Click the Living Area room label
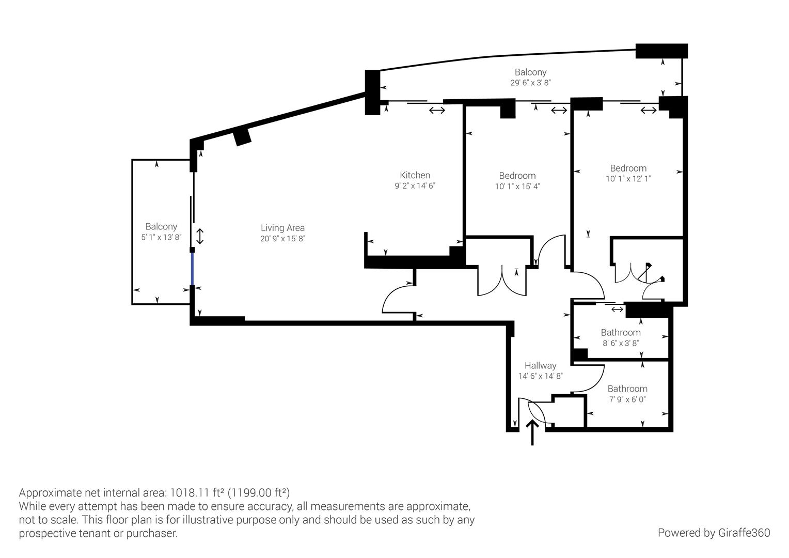[282, 228]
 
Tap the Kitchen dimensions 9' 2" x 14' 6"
[415, 186]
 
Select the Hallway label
[540, 365]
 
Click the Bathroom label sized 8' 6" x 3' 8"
[621, 332]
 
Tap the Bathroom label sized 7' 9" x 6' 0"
[627, 389]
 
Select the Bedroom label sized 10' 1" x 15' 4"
[517, 176]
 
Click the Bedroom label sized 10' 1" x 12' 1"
[628, 168]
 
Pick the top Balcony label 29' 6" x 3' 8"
[530, 72]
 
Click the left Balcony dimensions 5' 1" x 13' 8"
[161, 238]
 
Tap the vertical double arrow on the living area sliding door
[200, 237]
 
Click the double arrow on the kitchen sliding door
[437, 110]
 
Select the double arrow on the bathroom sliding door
[617, 309]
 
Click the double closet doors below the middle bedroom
[502, 282]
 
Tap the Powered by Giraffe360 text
[714, 533]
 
